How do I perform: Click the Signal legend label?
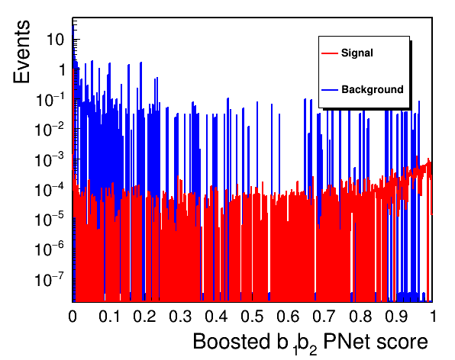[x=357, y=53]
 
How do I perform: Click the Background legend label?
[x=373, y=89]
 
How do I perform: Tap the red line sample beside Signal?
[x=330, y=53]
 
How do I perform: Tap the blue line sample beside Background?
[x=330, y=90]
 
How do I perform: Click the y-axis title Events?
[x=21, y=52]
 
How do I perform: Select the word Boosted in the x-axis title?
[x=231, y=341]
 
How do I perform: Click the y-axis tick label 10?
[x=55, y=40]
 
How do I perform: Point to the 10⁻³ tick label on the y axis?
[x=49, y=159]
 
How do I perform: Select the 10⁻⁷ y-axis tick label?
[x=49, y=279]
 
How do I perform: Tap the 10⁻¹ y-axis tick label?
[x=50, y=100]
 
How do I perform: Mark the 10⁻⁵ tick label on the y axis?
[x=49, y=220]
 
